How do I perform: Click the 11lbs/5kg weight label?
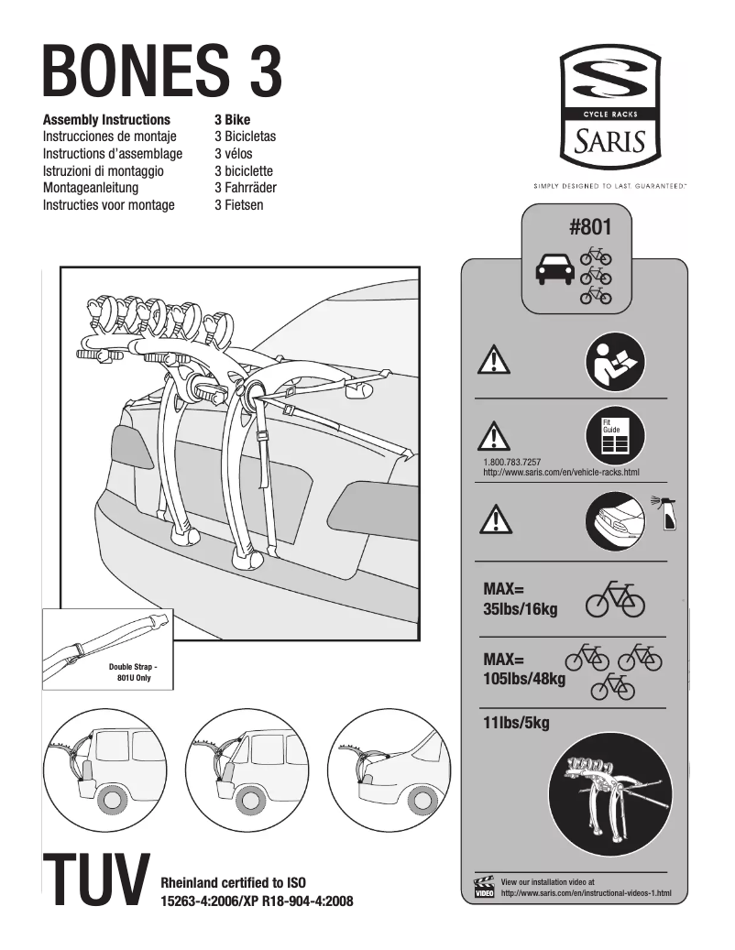click(x=516, y=725)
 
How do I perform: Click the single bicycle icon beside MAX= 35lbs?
click(x=615, y=599)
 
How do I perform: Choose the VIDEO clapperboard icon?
click(x=484, y=886)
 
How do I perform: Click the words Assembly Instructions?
click(x=106, y=120)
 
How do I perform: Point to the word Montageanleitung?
click(x=91, y=188)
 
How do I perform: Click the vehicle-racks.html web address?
click(x=560, y=473)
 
